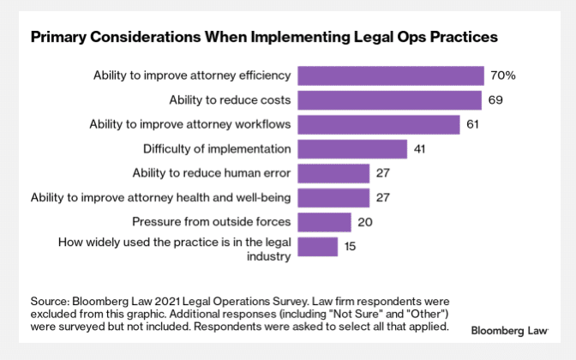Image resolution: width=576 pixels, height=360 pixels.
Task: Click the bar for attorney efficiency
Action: (390, 75)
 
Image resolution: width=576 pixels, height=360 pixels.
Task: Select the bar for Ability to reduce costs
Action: (389, 100)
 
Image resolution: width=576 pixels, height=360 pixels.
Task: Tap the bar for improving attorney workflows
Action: (378, 124)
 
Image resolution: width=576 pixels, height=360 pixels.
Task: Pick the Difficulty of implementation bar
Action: (351, 149)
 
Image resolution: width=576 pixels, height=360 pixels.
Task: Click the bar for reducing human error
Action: (333, 173)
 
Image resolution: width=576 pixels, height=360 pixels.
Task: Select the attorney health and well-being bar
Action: (333, 198)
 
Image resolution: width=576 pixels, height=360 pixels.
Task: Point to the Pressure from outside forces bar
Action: (324, 222)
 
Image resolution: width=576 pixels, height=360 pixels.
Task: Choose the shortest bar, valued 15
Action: (317, 247)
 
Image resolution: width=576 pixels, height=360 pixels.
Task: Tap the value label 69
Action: (495, 100)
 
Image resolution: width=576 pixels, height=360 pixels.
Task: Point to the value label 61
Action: (474, 124)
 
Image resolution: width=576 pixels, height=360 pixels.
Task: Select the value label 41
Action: (421, 149)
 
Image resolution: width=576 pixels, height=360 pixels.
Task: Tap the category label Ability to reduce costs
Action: (230, 100)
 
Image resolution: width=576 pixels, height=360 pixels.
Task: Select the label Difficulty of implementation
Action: (217, 149)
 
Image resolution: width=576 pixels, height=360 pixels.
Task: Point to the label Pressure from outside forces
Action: (211, 222)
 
